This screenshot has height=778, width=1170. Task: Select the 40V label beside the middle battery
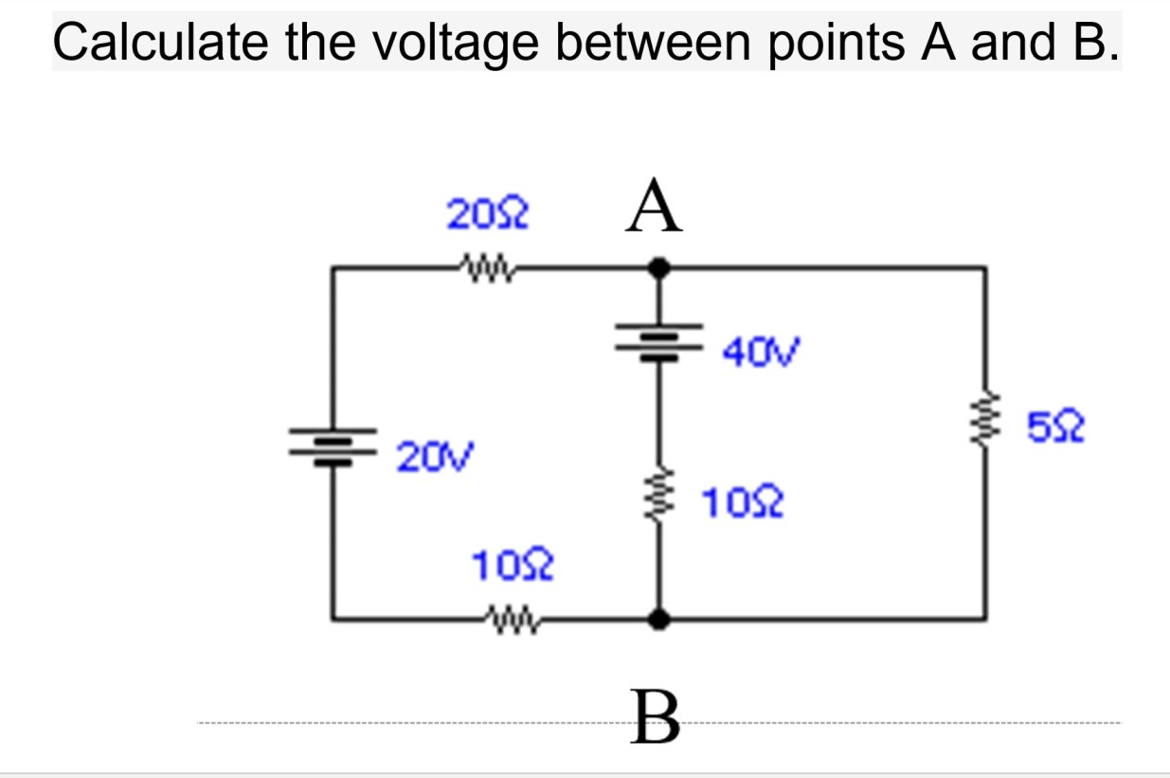(761, 353)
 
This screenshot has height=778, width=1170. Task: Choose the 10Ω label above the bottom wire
(513, 568)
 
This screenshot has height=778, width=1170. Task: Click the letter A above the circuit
(653, 209)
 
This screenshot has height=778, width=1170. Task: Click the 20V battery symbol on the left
(333, 447)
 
